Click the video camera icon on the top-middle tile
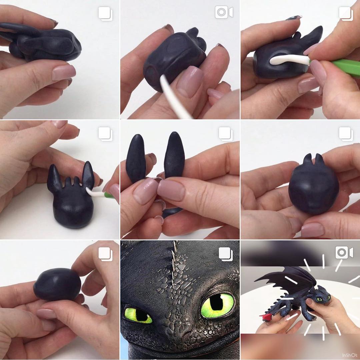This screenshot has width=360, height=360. (224, 12)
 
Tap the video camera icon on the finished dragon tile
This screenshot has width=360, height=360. (344, 252)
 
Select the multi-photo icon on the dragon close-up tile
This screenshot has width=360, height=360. (226, 254)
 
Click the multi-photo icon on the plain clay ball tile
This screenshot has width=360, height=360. (105, 254)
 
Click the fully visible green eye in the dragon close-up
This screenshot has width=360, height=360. (217, 306)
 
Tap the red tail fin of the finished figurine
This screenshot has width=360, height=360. (266, 318)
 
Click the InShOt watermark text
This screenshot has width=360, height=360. (350, 355)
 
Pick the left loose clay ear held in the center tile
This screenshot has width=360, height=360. (136, 158)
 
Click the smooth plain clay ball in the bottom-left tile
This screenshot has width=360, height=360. (57, 284)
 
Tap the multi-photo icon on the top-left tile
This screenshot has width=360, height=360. (105, 14)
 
